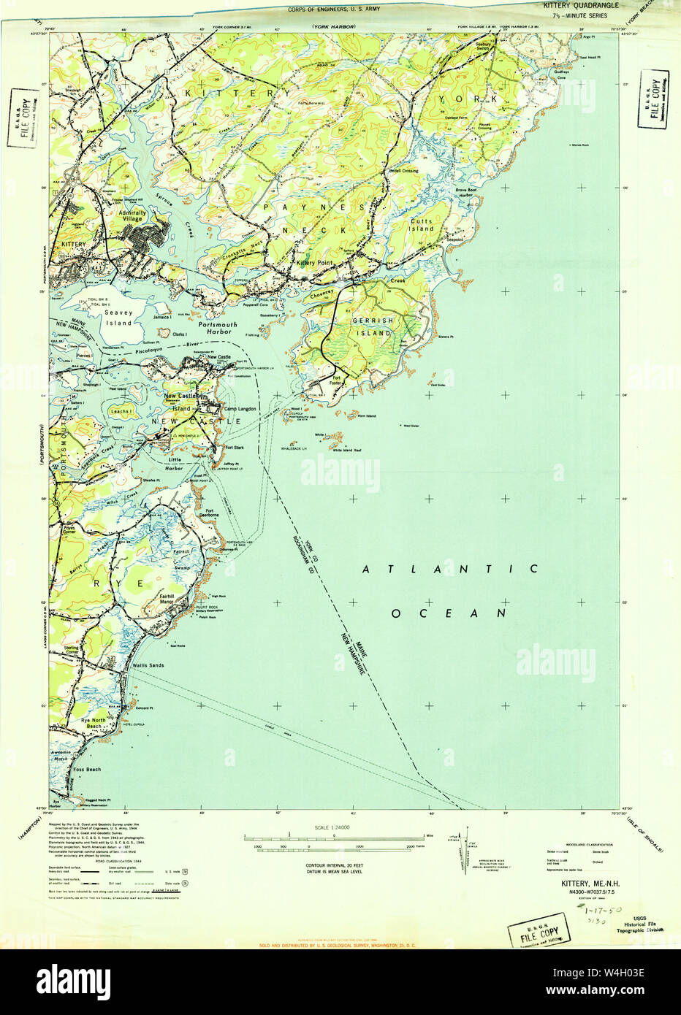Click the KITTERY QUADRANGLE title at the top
point(581,5)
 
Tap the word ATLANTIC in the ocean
point(450,569)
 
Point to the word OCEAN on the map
point(449,613)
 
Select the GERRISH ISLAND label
point(373,326)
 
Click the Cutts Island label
point(421,224)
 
